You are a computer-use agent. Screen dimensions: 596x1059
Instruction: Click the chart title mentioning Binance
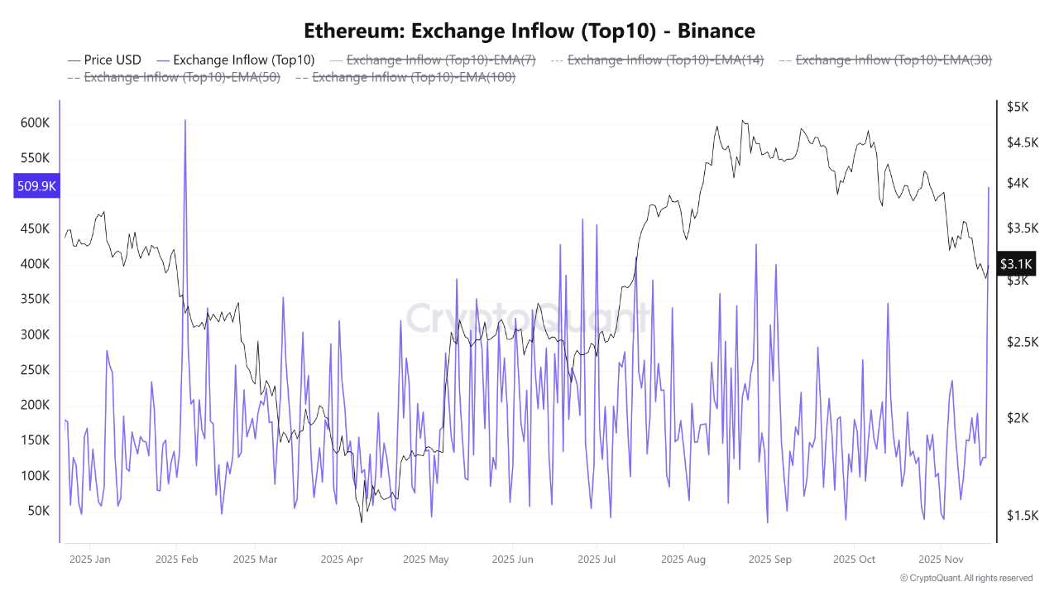pyautogui.click(x=529, y=31)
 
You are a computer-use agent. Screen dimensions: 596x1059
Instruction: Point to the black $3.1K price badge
pyautogui.click(x=1016, y=264)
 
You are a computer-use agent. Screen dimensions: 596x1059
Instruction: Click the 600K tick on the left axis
pyautogui.click(x=35, y=123)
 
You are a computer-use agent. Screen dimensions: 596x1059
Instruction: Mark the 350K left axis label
pyautogui.click(x=35, y=300)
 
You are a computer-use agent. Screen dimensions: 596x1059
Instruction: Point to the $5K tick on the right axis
pyautogui.click(x=1017, y=107)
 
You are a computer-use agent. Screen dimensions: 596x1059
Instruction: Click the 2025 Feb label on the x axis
pyautogui.click(x=178, y=560)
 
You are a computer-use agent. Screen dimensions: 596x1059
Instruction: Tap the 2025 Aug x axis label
pyautogui.click(x=683, y=560)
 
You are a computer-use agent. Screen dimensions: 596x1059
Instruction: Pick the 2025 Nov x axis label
pyautogui.click(x=941, y=560)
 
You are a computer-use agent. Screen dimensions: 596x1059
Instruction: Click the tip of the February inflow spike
pyautogui.click(x=184, y=121)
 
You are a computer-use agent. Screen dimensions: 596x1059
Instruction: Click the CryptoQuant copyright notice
pyautogui.click(x=966, y=578)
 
